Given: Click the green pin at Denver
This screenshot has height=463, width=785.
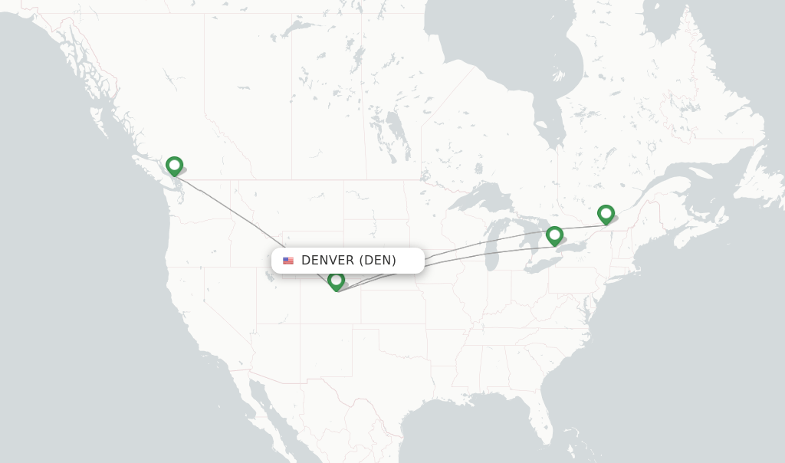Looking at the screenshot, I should pyautogui.click(x=336, y=281).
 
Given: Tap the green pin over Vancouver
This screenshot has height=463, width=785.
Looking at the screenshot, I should pyautogui.click(x=174, y=165).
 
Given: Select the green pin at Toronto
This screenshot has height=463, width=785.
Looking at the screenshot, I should pyautogui.click(x=554, y=235).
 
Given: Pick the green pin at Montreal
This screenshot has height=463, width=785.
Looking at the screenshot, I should pyautogui.click(x=606, y=213).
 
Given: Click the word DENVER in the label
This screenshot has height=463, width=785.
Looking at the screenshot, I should pyautogui.click(x=327, y=261).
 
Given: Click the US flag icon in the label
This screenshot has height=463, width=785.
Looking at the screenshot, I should pyautogui.click(x=288, y=261).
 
